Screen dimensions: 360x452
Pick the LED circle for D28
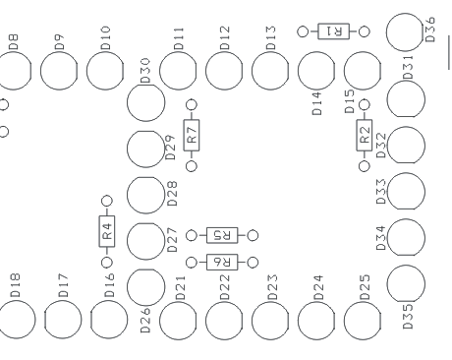tap(145, 193)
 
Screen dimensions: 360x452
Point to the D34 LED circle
tap(406, 237)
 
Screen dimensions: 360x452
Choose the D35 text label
tap(407, 317)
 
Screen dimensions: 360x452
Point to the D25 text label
tap(365, 286)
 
